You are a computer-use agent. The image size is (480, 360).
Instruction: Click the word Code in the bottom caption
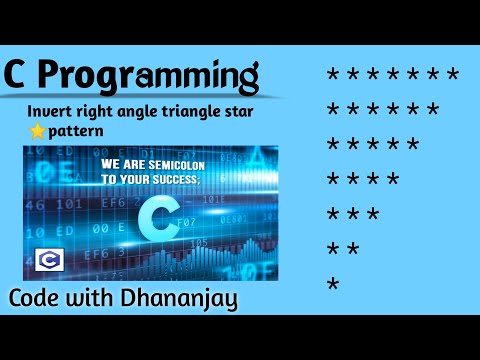click(x=39, y=298)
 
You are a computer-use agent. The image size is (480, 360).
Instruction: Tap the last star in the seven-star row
click(x=453, y=75)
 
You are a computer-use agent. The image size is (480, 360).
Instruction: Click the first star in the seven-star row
click(x=333, y=75)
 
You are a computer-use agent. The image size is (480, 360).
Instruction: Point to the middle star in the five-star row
click(x=373, y=146)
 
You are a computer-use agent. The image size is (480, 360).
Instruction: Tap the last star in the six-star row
click(x=433, y=111)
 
